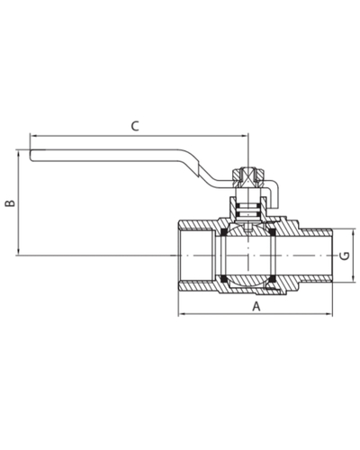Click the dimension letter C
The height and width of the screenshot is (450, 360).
(135, 126)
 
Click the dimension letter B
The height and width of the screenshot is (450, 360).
(11, 202)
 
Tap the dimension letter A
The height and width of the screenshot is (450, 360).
(256, 306)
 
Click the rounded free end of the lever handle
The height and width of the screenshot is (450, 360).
(31, 156)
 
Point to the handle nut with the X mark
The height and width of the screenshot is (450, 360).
(249, 178)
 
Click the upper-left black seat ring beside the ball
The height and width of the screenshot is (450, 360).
(223, 232)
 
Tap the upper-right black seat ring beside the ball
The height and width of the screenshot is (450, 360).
(272, 232)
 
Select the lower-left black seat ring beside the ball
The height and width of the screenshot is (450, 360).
(223, 279)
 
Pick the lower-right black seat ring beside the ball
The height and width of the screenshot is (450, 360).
(272, 279)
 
